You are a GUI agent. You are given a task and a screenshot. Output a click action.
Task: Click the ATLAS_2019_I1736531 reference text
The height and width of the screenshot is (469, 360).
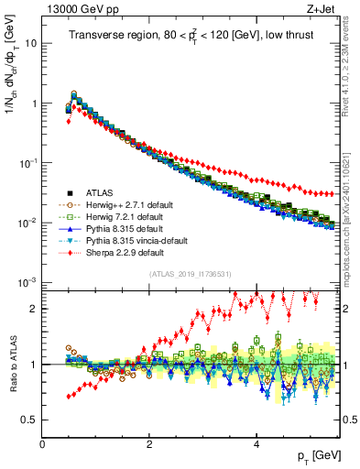[x=190, y=274]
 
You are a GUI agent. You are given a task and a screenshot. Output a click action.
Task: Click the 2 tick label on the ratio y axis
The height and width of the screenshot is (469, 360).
[x=33, y=309]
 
